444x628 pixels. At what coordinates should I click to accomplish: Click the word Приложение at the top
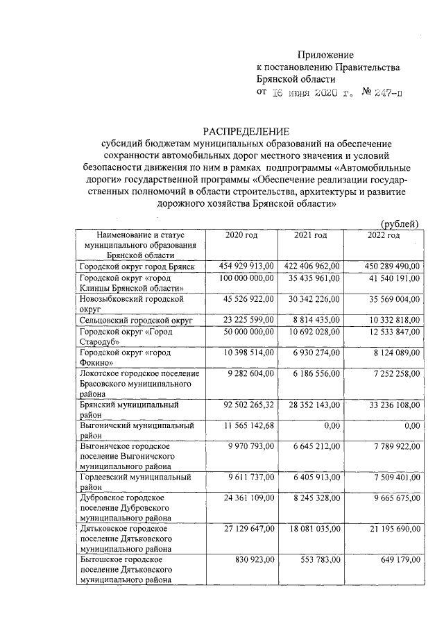tap(325, 55)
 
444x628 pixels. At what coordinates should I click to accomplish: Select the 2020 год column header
tap(241, 236)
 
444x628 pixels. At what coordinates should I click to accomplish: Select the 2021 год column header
tap(310, 236)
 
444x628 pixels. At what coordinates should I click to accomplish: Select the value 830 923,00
tap(256, 559)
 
